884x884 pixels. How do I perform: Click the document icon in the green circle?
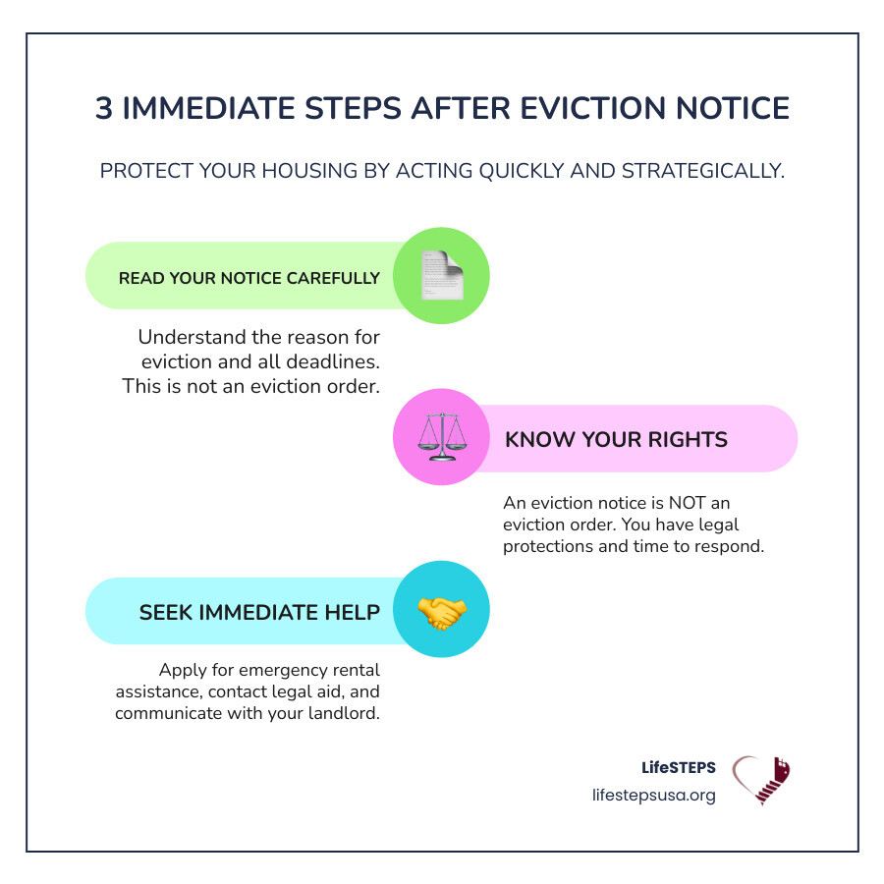pyautogui.click(x=441, y=276)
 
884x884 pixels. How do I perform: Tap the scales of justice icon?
pyautogui.click(x=441, y=438)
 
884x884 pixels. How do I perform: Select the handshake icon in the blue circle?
pyautogui.click(x=441, y=611)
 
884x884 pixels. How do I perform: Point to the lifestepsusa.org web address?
pyautogui.click(x=654, y=795)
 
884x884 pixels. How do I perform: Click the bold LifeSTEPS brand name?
pyautogui.click(x=678, y=768)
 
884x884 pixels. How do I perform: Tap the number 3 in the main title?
pyautogui.click(x=104, y=109)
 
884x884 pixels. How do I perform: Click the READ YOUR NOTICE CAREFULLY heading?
pyautogui.click(x=249, y=278)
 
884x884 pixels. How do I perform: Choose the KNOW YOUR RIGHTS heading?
pyautogui.click(x=616, y=439)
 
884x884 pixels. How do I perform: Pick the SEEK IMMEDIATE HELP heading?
pyautogui.click(x=259, y=612)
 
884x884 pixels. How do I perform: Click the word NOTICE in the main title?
pyautogui.click(x=723, y=109)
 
